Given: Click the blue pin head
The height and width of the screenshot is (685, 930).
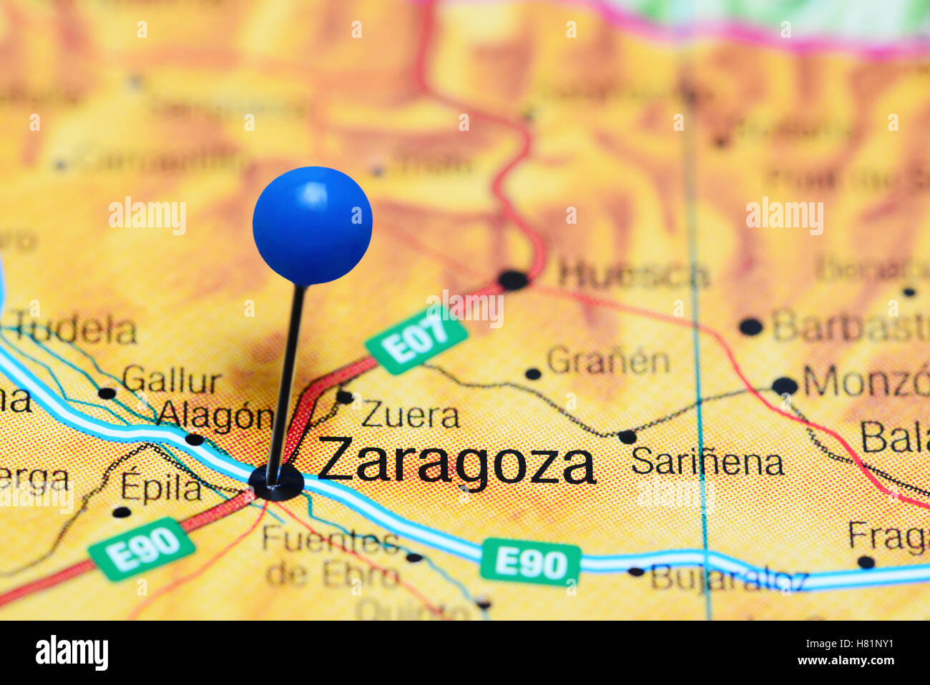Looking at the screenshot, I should (312, 225).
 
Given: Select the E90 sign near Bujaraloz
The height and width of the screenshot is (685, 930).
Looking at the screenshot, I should (530, 561).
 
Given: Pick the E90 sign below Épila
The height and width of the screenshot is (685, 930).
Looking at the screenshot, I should (142, 548).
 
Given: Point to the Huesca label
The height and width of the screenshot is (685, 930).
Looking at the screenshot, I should (633, 275).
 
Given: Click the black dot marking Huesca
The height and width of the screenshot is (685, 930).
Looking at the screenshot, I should (513, 280).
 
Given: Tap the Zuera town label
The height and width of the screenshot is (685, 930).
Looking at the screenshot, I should (410, 415).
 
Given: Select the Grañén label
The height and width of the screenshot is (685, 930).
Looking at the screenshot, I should (608, 361).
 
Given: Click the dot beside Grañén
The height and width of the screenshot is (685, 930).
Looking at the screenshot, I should (532, 373).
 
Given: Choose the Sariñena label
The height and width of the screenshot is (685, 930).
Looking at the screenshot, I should (707, 462).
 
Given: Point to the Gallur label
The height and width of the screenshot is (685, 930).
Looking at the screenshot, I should (172, 380).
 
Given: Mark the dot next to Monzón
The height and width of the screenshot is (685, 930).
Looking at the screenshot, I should (784, 386).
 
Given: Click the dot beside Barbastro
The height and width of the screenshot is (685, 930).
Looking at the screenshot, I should (750, 327).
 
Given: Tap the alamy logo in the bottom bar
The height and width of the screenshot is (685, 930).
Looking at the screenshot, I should (72, 653).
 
